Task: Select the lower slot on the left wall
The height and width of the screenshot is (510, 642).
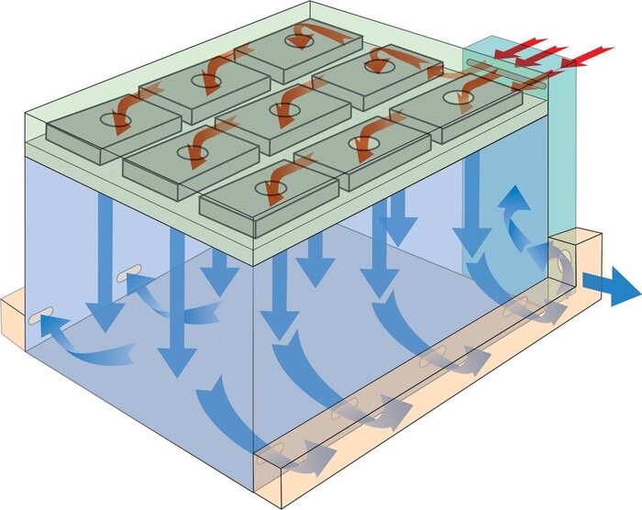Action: point(37,318)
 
